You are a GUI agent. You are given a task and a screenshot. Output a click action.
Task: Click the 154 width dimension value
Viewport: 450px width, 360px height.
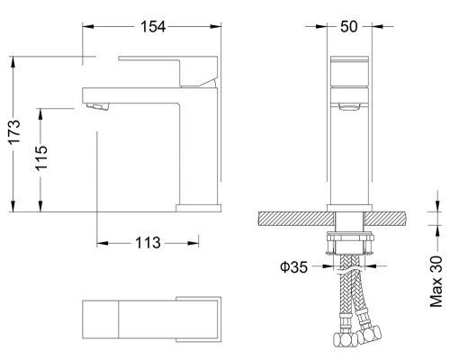pyautogui.click(x=153, y=26)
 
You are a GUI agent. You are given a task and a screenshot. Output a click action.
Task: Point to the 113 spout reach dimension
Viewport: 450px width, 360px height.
pyautogui.click(x=148, y=243)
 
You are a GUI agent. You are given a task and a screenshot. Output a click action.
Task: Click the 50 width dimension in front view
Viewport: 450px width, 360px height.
pyautogui.click(x=351, y=26)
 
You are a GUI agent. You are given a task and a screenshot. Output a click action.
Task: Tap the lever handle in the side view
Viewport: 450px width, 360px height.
pyautogui.click(x=166, y=71)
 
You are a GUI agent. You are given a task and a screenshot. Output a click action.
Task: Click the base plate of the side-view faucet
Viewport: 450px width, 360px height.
pyautogui.click(x=197, y=207)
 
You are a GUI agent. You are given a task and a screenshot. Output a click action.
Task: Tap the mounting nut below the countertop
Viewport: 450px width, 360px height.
pyautogui.click(x=350, y=240)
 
